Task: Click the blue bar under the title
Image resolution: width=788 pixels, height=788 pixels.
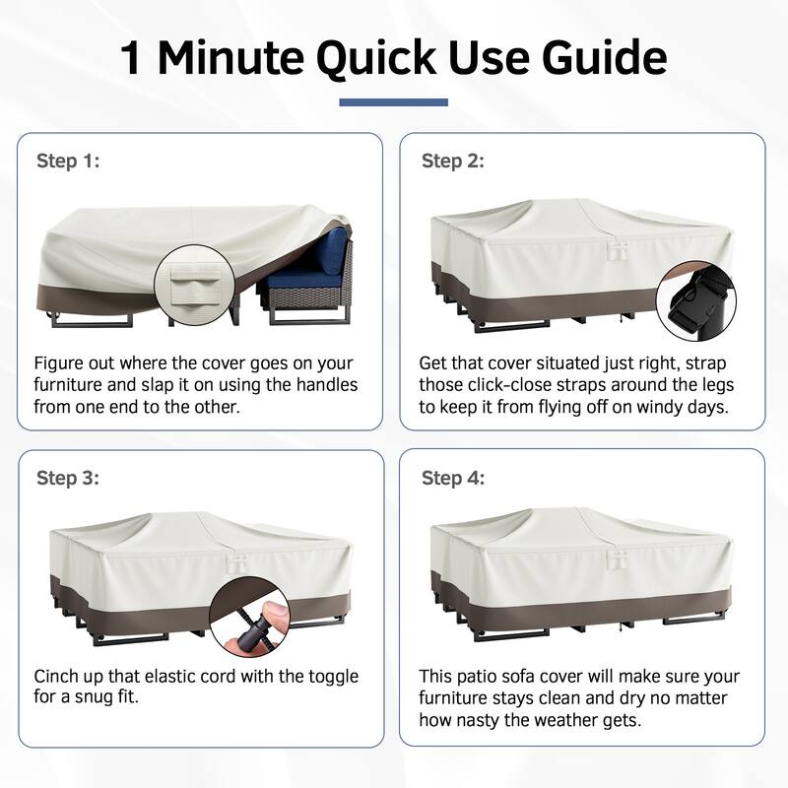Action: pos(393,102)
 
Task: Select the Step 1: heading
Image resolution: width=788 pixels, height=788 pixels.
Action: pos(68,161)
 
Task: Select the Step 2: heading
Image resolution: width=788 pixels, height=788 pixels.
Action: pos(453,161)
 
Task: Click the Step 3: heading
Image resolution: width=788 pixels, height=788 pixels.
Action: pos(68,478)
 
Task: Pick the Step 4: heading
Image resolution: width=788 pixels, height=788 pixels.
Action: pos(453,478)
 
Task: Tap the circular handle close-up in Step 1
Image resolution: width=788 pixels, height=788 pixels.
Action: pos(194,286)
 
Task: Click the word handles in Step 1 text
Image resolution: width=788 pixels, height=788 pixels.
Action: pos(327,385)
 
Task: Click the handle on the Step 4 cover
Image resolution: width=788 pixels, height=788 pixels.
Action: pos(617,558)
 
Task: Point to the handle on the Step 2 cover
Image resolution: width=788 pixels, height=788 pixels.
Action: pos(618,250)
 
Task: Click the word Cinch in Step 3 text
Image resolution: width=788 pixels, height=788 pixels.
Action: pos(55,676)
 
